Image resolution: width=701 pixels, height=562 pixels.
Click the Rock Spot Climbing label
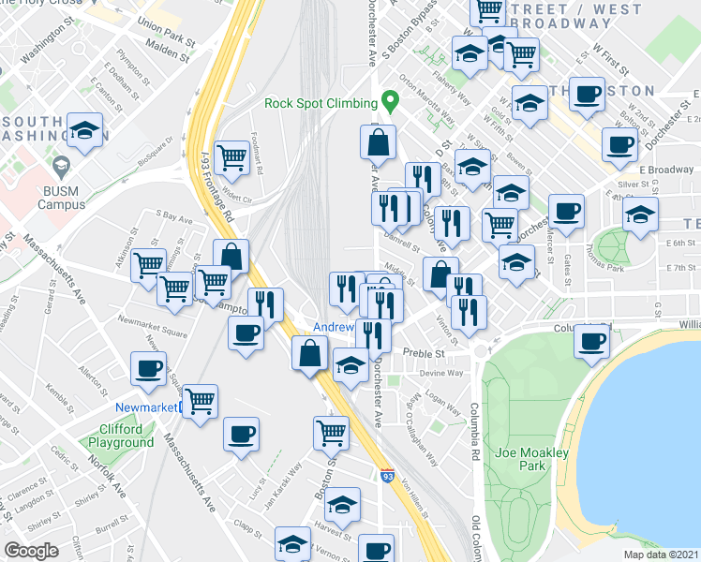[x=319, y=103]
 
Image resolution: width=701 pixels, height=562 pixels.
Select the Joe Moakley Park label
[x=531, y=459]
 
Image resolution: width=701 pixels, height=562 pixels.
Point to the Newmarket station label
[x=145, y=407]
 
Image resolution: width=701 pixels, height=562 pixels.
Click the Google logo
[x=31, y=551]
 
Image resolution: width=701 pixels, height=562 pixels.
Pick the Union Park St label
[x=165, y=27]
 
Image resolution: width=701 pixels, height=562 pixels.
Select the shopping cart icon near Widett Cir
[x=231, y=157]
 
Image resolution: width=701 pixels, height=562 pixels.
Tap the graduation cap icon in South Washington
[x=85, y=132]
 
